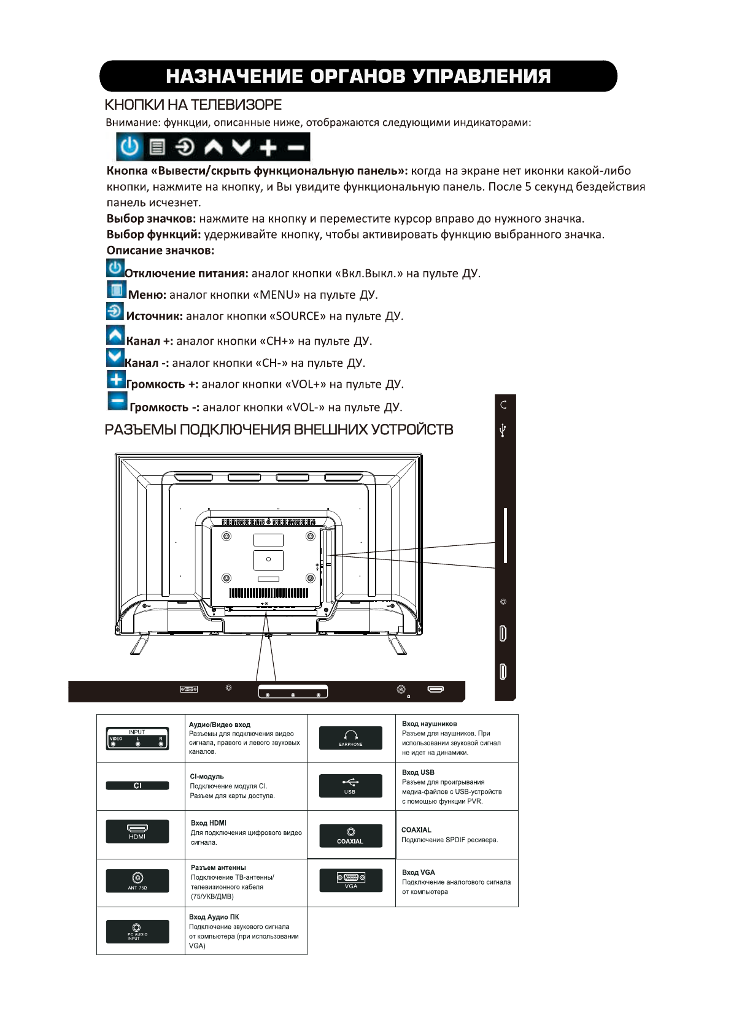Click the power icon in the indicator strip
[x=130, y=147]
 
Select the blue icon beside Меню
[x=116, y=290]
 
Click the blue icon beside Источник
[x=115, y=311]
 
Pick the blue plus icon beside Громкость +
[x=116, y=379]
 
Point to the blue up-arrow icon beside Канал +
[x=115, y=336]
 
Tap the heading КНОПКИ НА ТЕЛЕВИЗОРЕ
[x=193, y=105]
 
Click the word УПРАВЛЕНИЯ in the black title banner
[x=481, y=77]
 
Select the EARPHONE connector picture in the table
[x=350, y=738]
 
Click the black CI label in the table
[x=137, y=786]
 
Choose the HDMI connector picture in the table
[x=137, y=831]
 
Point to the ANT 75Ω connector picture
[x=137, y=881]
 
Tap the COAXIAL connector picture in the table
[x=350, y=835]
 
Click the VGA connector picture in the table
[x=351, y=880]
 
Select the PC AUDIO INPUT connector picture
[x=137, y=931]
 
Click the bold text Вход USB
[x=418, y=772]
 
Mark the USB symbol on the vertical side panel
[x=503, y=430]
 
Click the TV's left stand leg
[x=140, y=645]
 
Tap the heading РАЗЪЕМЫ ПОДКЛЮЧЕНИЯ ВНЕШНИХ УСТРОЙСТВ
[x=279, y=430]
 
